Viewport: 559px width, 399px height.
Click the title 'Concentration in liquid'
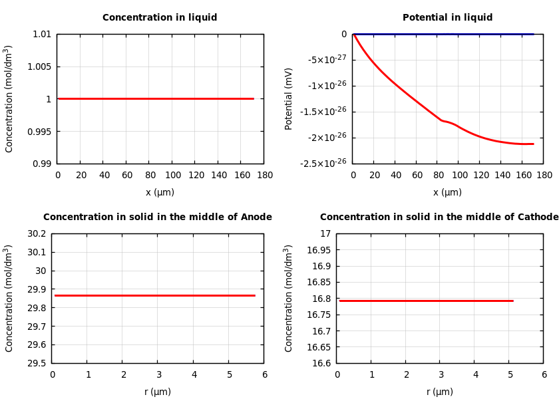(x=160, y=18)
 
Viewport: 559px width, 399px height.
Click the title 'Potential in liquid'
(x=447, y=18)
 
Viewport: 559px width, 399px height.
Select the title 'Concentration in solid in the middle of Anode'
(x=158, y=217)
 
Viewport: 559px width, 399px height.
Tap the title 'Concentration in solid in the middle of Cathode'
(x=439, y=217)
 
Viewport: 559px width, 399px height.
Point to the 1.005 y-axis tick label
(x=38, y=66)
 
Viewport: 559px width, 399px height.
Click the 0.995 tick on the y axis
(x=38, y=132)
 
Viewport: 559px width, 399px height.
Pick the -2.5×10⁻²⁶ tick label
(x=323, y=164)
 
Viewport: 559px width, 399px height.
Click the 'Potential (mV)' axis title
(x=289, y=98)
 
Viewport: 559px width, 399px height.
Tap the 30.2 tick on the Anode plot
(x=36, y=233)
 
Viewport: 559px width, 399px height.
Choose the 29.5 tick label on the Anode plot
(x=36, y=363)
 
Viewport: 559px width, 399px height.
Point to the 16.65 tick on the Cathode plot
(x=317, y=347)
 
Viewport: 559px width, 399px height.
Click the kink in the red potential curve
(x=442, y=120)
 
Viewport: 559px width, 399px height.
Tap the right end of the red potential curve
(x=533, y=144)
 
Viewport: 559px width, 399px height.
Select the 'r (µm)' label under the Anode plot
(x=158, y=392)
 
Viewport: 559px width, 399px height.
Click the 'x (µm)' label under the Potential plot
(x=447, y=193)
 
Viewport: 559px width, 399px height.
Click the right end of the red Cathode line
(x=512, y=301)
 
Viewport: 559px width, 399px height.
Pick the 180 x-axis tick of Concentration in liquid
(x=264, y=176)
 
